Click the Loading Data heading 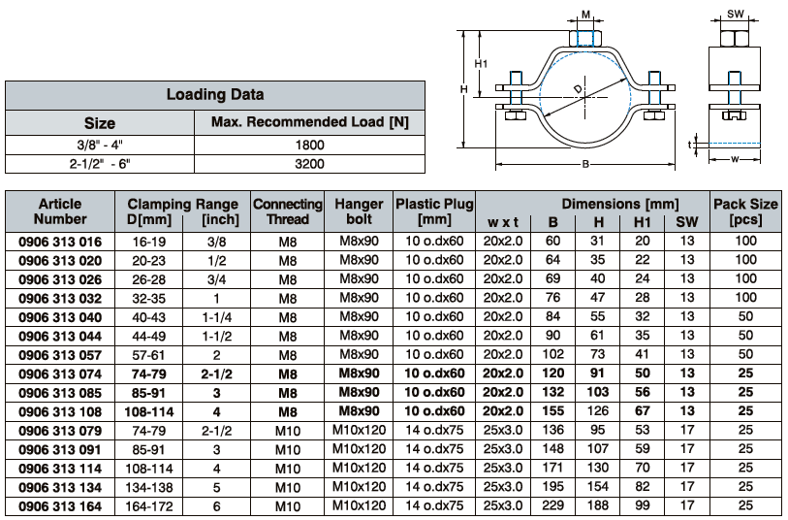[215, 94]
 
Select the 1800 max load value [309, 145]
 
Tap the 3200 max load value [309, 164]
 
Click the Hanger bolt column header [359, 211]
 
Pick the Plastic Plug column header [434, 211]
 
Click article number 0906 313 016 [60, 242]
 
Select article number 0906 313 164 [60, 506]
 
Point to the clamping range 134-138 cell [148, 487]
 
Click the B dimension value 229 [552, 505]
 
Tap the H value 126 [597, 411]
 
